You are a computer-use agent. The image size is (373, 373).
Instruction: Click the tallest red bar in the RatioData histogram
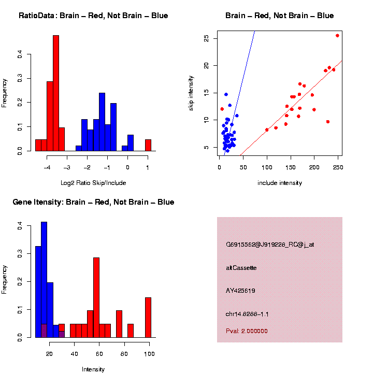click(x=56, y=93)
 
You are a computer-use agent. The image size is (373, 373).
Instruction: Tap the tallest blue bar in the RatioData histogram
click(x=102, y=122)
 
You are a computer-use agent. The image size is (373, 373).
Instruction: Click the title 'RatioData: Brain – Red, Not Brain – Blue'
click(x=93, y=16)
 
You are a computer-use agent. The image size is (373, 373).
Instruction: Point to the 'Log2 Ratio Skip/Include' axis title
click(x=93, y=183)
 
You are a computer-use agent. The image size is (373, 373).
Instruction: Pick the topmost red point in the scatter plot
click(x=337, y=36)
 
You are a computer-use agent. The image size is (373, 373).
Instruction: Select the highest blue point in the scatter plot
click(x=226, y=94)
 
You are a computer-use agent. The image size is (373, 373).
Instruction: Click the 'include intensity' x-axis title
click(x=280, y=183)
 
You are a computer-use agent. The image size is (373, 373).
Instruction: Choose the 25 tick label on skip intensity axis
click(x=207, y=38)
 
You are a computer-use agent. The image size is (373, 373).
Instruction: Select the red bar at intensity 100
click(x=149, y=317)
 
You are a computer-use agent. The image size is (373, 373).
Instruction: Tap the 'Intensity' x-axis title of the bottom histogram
click(x=93, y=369)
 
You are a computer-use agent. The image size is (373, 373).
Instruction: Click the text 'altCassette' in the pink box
click(x=241, y=268)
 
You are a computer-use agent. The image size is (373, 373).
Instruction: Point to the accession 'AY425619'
click(x=240, y=291)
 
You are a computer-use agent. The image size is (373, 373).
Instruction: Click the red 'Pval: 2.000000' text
click(x=247, y=331)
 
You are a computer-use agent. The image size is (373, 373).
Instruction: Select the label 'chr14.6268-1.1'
click(x=247, y=314)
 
